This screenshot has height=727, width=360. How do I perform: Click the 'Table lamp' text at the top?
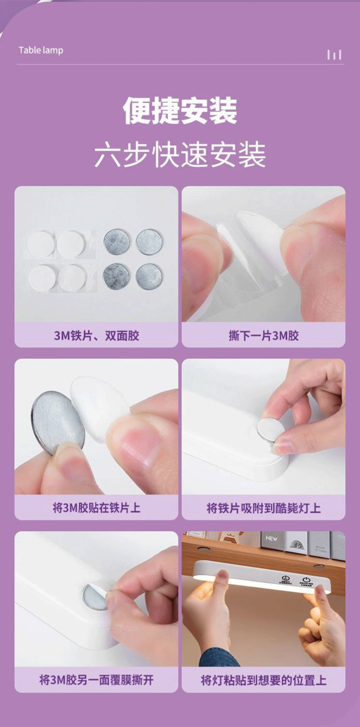coord(40,50)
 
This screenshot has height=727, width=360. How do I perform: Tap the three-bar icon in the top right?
coord(334,55)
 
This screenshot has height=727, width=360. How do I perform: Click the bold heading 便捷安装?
coord(180,111)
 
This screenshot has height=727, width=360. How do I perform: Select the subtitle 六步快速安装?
coord(180,155)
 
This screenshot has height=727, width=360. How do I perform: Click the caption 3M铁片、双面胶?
coord(96,335)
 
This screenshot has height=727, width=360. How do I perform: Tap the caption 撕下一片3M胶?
coord(264,335)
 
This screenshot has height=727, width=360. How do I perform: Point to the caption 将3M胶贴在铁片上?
coord(96,508)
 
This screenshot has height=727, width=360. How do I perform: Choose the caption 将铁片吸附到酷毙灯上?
coord(264,508)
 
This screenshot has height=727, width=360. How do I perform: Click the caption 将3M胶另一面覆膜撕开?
coord(96,680)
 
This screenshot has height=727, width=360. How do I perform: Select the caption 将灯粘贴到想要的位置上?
coord(264,680)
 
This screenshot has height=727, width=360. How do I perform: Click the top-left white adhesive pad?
coord(41,244)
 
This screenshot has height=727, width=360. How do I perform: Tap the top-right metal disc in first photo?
coord(149,242)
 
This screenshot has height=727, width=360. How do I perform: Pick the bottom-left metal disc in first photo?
coord(116,276)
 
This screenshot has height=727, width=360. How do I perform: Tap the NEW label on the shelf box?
coord(271,538)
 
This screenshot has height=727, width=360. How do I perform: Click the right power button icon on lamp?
coord(306,579)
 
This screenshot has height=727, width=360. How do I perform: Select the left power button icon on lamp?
coord(285,578)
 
